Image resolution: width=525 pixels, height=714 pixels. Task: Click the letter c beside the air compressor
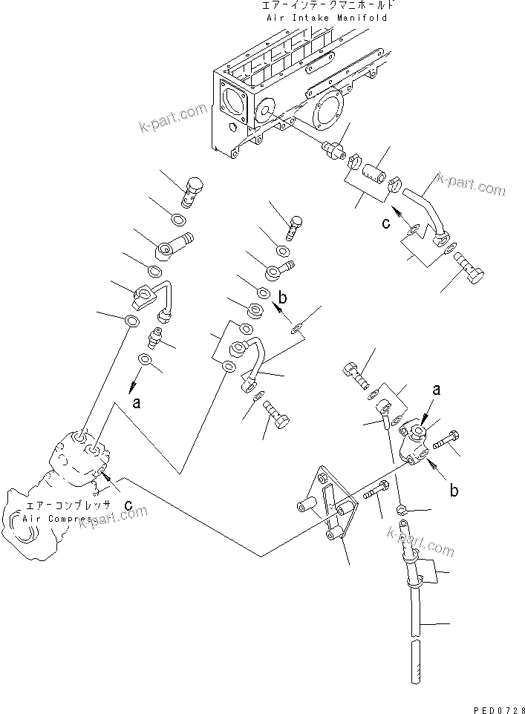(128, 505)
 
